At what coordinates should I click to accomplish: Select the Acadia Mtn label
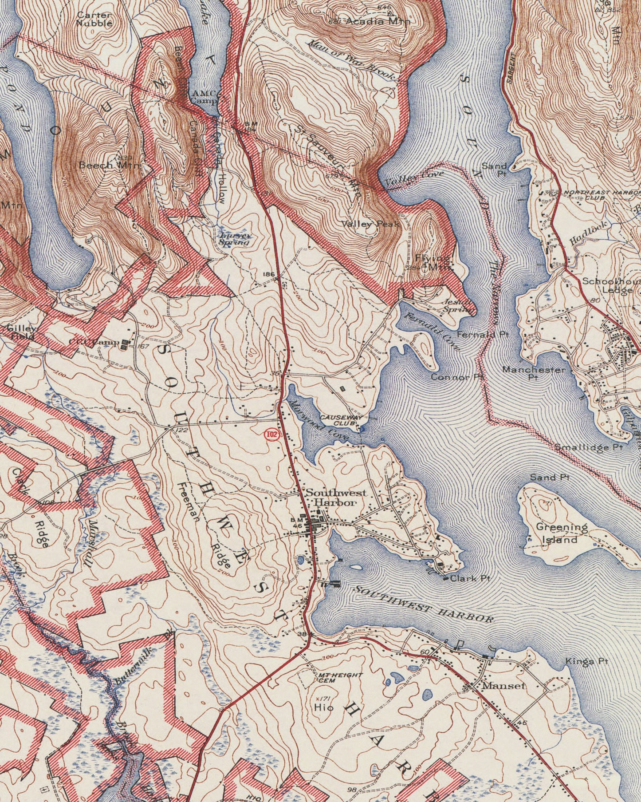pos(377,21)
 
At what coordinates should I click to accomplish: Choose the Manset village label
pos(503,686)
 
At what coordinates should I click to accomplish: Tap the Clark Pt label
pos(469,578)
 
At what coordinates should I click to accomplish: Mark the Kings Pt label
pos(586,661)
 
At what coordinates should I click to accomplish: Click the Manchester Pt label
pos(534,373)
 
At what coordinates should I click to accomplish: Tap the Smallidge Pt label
pos(589,447)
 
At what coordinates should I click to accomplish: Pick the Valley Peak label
pos(370,224)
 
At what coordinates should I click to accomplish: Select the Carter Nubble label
pos(94,19)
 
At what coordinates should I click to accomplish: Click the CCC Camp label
pos(94,342)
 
